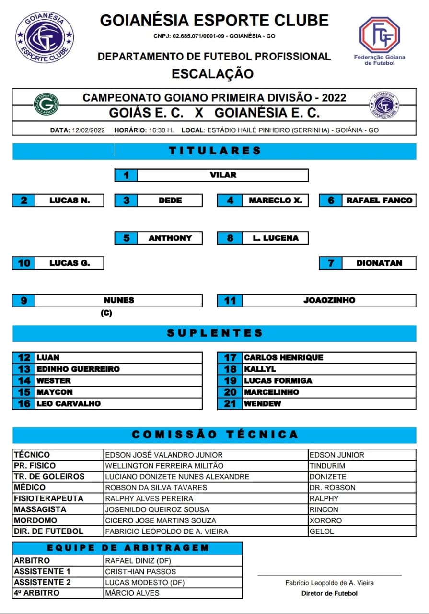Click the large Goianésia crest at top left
pyautogui.click(x=45, y=37)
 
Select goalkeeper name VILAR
pyautogui.click(x=223, y=175)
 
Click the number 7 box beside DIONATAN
pyautogui.click(x=331, y=263)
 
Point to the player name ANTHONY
pyautogui.click(x=170, y=238)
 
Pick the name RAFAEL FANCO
pyautogui.click(x=379, y=201)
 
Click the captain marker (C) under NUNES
pyautogui.click(x=106, y=313)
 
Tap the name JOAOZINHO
pyautogui.click(x=329, y=300)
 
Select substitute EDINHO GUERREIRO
pyautogui.click(x=78, y=369)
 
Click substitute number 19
pyautogui.click(x=231, y=380)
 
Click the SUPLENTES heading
pyautogui.click(x=215, y=333)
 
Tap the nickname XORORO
pyautogui.click(x=325, y=520)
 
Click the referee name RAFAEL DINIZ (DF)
pyautogui.click(x=138, y=560)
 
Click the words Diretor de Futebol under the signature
pyautogui.click(x=329, y=593)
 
